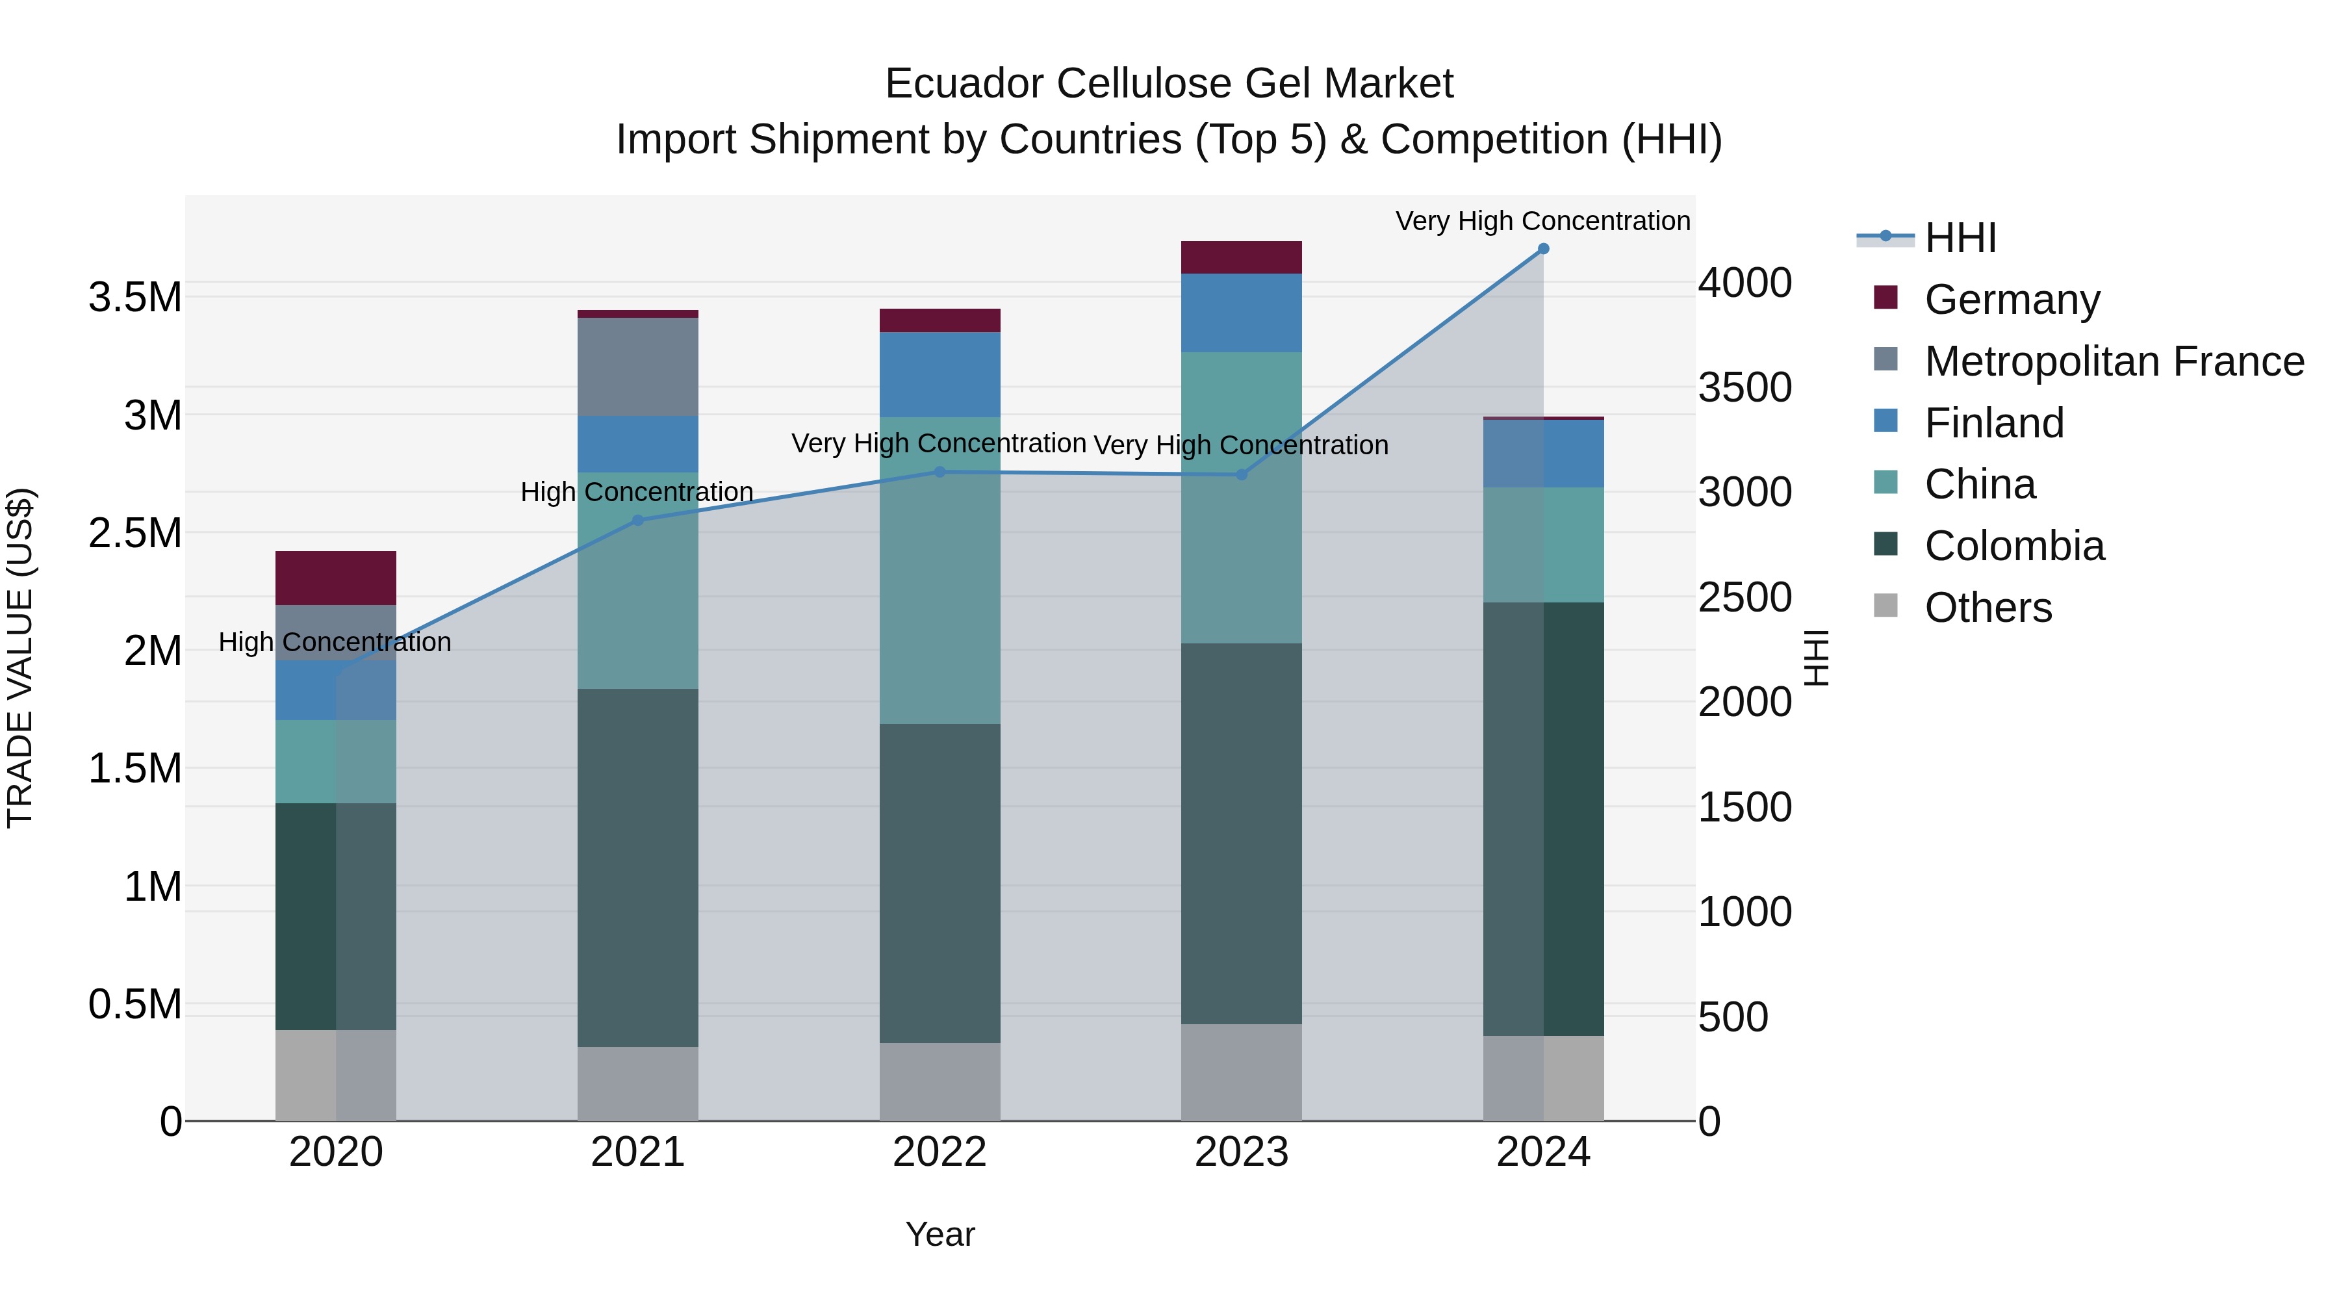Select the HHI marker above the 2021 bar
(637, 521)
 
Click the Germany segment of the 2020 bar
(335, 578)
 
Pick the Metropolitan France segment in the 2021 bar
(637, 367)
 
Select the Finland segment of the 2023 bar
(1241, 313)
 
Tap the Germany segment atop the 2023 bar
(1241, 257)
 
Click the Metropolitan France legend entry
(2113, 361)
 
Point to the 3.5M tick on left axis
(134, 298)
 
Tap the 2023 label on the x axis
(1241, 1152)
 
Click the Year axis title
(939, 1234)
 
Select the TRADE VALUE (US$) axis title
(20, 658)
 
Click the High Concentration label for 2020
(335, 642)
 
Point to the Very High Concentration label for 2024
(1542, 221)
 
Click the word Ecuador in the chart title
(964, 84)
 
